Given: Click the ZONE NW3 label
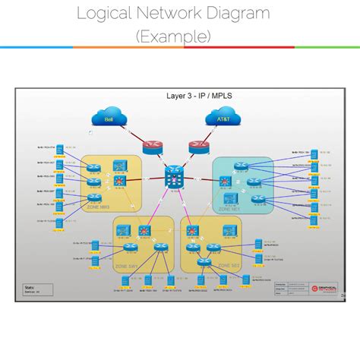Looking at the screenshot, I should pyautogui.click(x=100, y=207).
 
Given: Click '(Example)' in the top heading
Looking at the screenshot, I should pyautogui.click(x=173, y=36).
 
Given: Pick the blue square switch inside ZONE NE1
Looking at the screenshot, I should pyautogui.click(x=229, y=199).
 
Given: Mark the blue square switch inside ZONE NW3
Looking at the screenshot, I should pyautogui.click(x=118, y=165).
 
